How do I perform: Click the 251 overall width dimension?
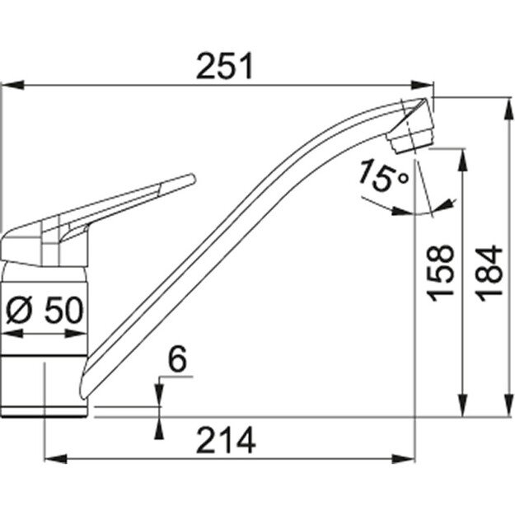coord(224,67)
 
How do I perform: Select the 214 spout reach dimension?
coord(225,441)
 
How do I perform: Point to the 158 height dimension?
coord(442,273)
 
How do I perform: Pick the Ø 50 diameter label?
coord(44,311)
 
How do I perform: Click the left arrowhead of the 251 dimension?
coord(10,84)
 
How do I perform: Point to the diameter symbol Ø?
coord(19,311)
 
